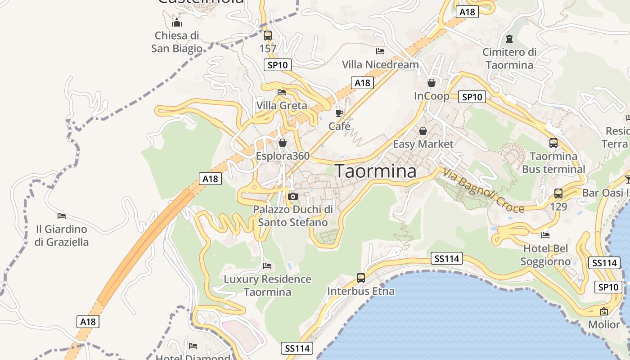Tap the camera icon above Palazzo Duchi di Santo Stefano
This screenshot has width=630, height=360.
coord(293,197)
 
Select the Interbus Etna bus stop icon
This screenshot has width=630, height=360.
coord(361,278)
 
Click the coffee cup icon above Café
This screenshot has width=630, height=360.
coord(339,113)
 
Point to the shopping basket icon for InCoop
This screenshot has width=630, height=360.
coord(432,83)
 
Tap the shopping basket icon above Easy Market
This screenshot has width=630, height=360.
coord(423,131)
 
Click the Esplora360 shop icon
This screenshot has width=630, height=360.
coord(283,143)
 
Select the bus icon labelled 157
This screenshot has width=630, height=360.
coord(268,35)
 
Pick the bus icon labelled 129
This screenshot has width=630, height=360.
coord(558,193)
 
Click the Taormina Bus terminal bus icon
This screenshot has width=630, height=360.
coord(553,143)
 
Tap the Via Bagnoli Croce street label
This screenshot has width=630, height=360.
coord(483,190)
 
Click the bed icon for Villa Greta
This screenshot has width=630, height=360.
coord(282,92)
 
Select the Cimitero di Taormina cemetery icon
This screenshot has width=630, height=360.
coord(509,39)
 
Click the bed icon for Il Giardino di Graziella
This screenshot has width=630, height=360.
coord(62,216)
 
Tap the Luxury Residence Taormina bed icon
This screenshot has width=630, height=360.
coord(267,266)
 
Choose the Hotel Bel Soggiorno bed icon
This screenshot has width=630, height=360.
coord(545,235)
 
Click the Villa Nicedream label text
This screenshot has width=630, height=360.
coord(380,65)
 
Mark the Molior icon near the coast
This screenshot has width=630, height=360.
coord(604,311)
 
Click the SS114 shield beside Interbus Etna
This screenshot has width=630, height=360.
coord(446,258)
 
